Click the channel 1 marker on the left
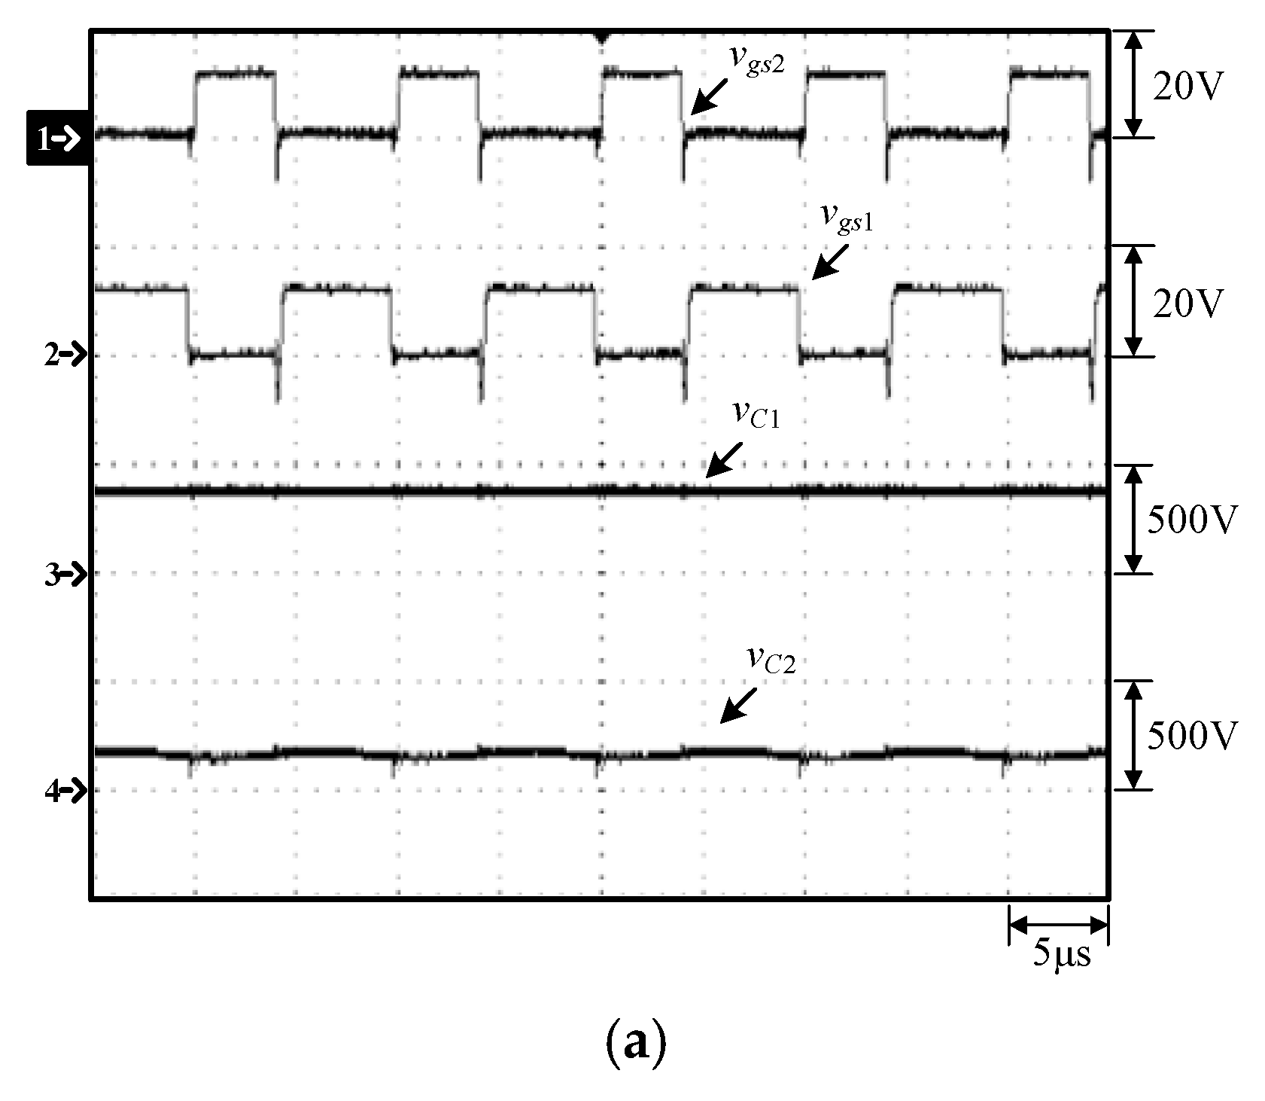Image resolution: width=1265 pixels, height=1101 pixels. pyautogui.click(x=59, y=138)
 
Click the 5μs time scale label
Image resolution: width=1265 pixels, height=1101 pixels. pyautogui.click(x=1060, y=954)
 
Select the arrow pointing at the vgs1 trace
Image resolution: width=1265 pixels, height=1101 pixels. pyautogui.click(x=828, y=263)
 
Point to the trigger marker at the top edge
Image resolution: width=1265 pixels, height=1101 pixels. pyautogui.click(x=601, y=36)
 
